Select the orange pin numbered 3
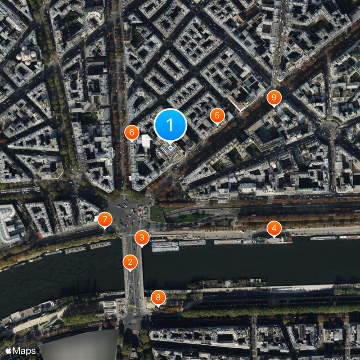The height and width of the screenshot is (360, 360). (x=142, y=238)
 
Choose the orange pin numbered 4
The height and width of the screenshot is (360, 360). (x=274, y=228)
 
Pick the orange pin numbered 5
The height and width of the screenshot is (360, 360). (x=217, y=116)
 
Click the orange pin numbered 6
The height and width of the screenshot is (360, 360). (x=132, y=132)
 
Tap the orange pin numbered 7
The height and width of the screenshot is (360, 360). (x=105, y=220)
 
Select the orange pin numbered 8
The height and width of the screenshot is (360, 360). (x=158, y=297)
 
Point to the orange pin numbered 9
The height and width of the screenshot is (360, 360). (x=274, y=97)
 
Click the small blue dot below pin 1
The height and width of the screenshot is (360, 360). (x=170, y=148)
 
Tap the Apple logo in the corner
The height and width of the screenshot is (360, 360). (x=9, y=350)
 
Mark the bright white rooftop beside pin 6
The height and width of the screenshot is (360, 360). (x=146, y=141)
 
